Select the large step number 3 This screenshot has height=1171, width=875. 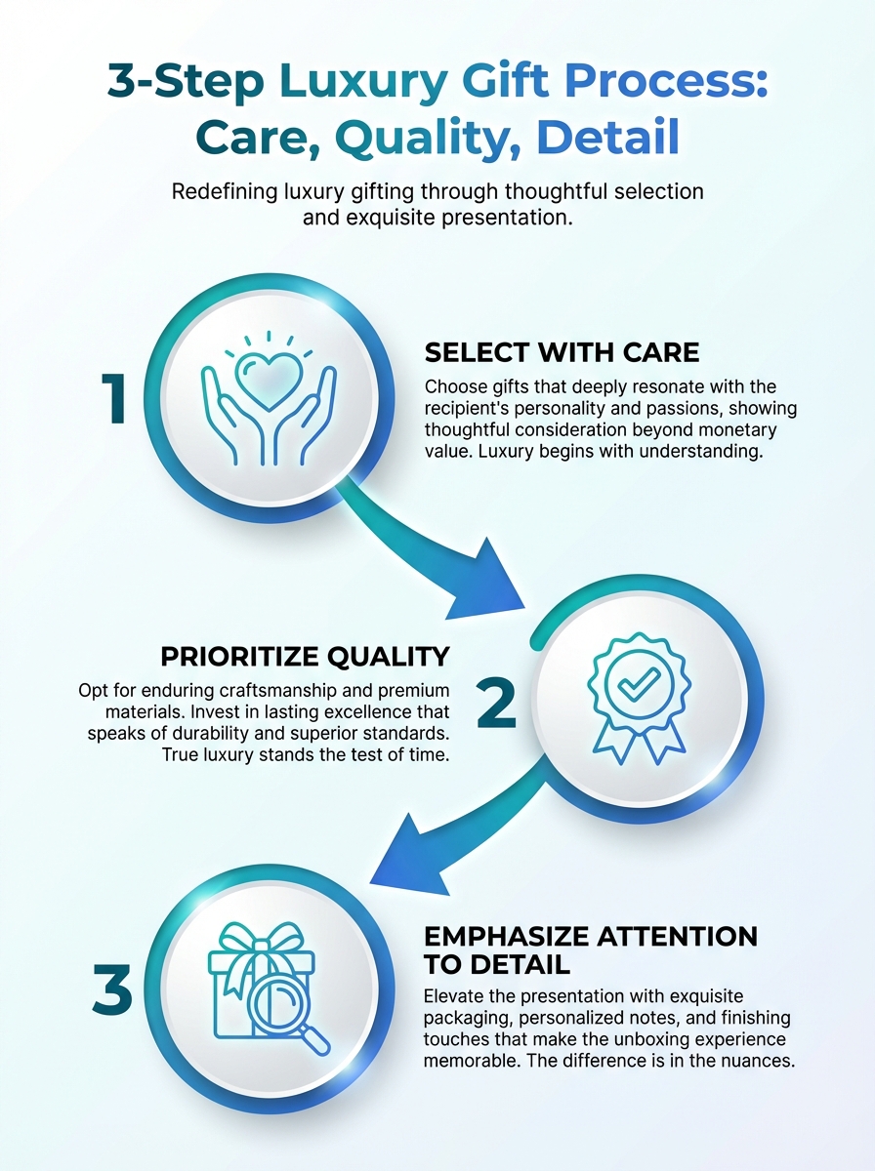112,989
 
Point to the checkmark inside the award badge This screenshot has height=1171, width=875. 639,683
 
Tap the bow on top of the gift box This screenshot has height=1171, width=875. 262,941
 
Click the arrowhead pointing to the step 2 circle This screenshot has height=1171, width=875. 488,584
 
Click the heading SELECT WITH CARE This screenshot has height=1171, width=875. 562,352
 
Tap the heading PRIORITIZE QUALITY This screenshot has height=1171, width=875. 305,657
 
